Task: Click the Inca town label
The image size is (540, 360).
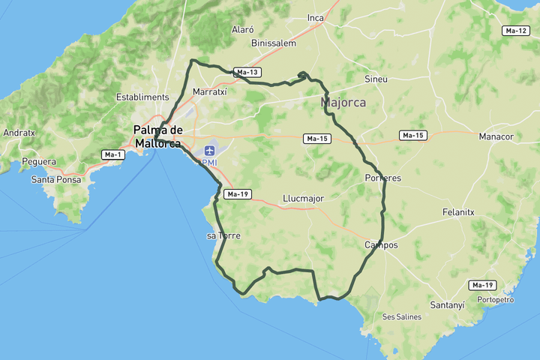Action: (315, 18)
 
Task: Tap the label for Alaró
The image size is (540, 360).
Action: (243, 30)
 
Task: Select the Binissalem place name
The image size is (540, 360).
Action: (274, 43)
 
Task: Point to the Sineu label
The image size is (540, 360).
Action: (376, 79)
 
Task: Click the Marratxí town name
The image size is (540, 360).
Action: (209, 91)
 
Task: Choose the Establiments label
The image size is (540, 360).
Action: (142, 97)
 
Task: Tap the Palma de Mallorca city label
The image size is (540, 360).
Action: (157, 136)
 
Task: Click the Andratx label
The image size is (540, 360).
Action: (19, 133)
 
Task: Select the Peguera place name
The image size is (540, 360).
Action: (39, 161)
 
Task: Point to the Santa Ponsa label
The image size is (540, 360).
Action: (56, 180)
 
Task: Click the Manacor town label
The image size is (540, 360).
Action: (496, 136)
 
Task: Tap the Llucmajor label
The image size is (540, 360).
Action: (303, 199)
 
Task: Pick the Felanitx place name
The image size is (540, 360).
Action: (458, 212)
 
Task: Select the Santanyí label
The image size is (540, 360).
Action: (448, 305)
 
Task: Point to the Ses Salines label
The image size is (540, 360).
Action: (401, 316)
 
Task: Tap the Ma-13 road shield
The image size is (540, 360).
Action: (247, 73)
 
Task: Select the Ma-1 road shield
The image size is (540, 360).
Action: (112, 154)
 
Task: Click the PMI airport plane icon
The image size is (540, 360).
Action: (209, 151)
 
